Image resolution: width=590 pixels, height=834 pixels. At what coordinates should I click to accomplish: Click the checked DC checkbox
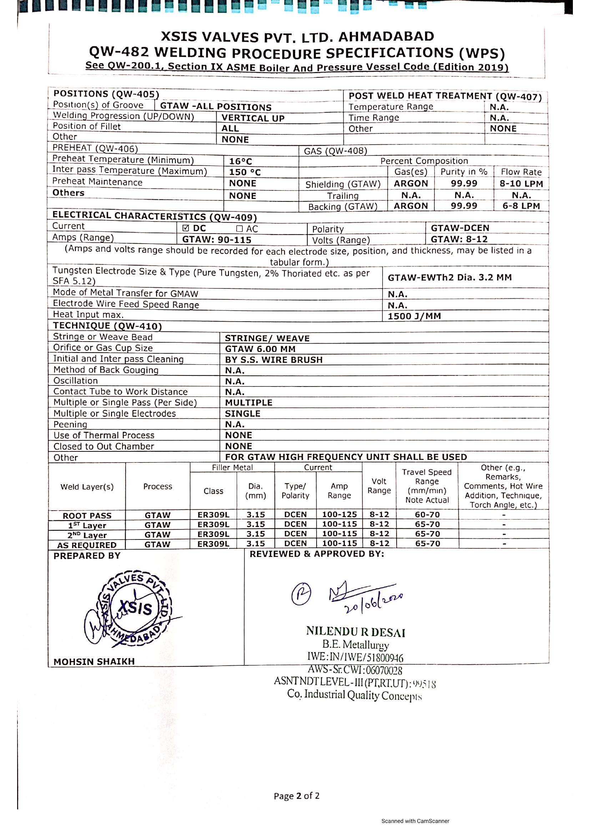pos(186,228)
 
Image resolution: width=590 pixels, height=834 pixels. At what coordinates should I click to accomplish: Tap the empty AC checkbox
pos(239,229)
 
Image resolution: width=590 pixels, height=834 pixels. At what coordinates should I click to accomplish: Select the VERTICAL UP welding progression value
pos(253,118)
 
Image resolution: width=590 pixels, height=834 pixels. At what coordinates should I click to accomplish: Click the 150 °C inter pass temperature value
pos(244,172)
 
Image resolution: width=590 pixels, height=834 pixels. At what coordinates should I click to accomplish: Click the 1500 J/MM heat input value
pos(414,316)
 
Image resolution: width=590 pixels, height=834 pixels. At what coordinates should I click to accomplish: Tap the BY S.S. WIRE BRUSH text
pos(273,360)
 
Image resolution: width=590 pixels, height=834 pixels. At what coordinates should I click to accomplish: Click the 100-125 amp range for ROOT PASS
pos(339,515)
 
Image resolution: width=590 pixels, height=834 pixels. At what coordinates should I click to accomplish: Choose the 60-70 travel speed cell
pos(427,515)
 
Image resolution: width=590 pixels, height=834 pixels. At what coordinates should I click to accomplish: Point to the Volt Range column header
pos(379,486)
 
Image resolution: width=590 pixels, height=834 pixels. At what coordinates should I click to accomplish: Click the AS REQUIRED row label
pos(86,545)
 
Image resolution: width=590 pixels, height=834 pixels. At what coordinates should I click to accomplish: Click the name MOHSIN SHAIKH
pos(94,661)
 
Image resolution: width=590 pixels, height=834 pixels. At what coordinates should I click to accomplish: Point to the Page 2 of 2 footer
pos(296,796)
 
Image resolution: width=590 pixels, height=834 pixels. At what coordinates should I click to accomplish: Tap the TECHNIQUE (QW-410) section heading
pos(107,326)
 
